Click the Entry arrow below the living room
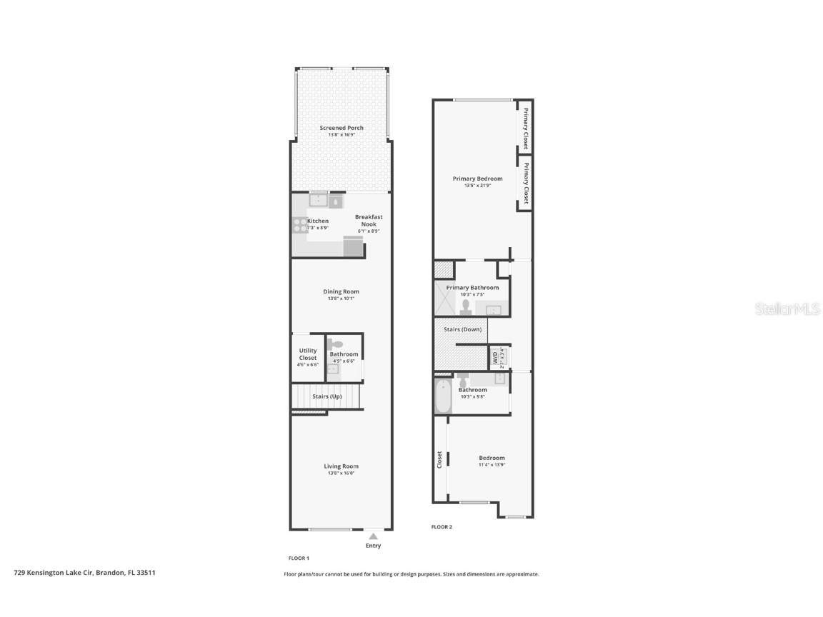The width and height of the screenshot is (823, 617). [x=373, y=536]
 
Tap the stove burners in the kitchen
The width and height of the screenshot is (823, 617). [x=298, y=225]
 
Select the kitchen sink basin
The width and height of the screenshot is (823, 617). [x=318, y=201]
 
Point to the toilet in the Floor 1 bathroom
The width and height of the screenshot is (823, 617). [x=339, y=344]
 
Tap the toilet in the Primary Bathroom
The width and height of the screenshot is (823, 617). [x=466, y=306]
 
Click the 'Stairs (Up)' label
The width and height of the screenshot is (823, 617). [x=326, y=396]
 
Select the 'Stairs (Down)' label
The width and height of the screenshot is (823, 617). [x=462, y=329]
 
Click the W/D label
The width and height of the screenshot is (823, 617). [x=494, y=357]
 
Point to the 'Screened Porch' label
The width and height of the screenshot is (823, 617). [x=341, y=128]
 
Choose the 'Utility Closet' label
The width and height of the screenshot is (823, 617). [x=308, y=354]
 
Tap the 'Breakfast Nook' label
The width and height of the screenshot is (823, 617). [x=369, y=220]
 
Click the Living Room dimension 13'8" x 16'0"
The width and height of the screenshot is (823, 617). [x=341, y=473]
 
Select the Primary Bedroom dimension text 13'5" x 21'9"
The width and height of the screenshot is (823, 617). [x=477, y=186]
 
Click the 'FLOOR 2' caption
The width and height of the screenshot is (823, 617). [x=442, y=527]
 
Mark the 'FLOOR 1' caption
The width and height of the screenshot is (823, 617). [x=298, y=558]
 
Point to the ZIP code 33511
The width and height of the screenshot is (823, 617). [x=146, y=572]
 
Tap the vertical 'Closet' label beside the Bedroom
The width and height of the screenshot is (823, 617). [x=439, y=460]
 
